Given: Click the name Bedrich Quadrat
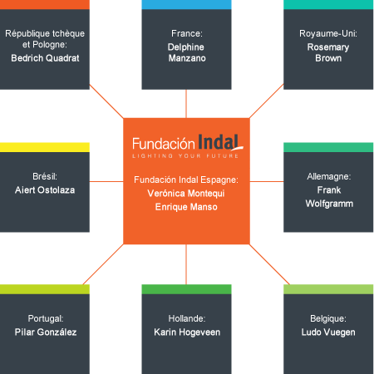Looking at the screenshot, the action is (x=45, y=58).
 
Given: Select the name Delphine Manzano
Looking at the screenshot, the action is (x=187, y=52).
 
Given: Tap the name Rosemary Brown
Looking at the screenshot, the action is (x=328, y=52).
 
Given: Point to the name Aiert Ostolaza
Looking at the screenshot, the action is (x=45, y=190).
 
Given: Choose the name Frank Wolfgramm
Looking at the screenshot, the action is (x=329, y=197).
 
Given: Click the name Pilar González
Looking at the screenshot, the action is (x=46, y=332).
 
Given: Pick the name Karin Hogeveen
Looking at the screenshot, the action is (x=187, y=332).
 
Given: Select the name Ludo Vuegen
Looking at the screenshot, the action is (x=328, y=332).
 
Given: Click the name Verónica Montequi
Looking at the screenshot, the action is (x=186, y=194).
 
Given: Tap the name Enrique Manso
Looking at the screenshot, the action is (x=186, y=207).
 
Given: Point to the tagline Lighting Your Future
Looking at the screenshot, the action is (x=185, y=156).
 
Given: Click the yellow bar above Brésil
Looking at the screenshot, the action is (x=45, y=147).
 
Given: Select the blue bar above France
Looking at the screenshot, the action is (x=186, y=5).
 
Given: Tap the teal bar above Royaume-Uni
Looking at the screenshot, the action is (x=328, y=5).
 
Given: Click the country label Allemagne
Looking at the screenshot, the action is (x=329, y=176).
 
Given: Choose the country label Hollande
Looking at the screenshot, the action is (x=187, y=318).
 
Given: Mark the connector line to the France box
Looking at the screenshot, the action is (x=186, y=104).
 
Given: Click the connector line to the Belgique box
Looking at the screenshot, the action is (x=269, y=264).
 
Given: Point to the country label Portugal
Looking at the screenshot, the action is (x=46, y=319).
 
